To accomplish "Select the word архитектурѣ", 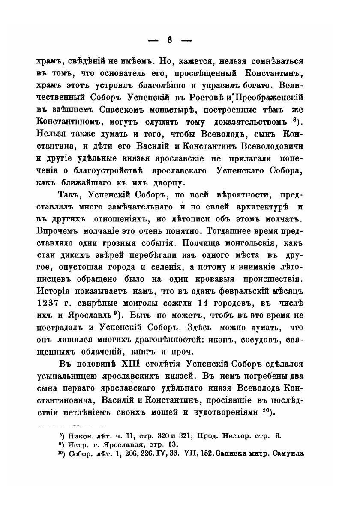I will (x=265, y=207).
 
